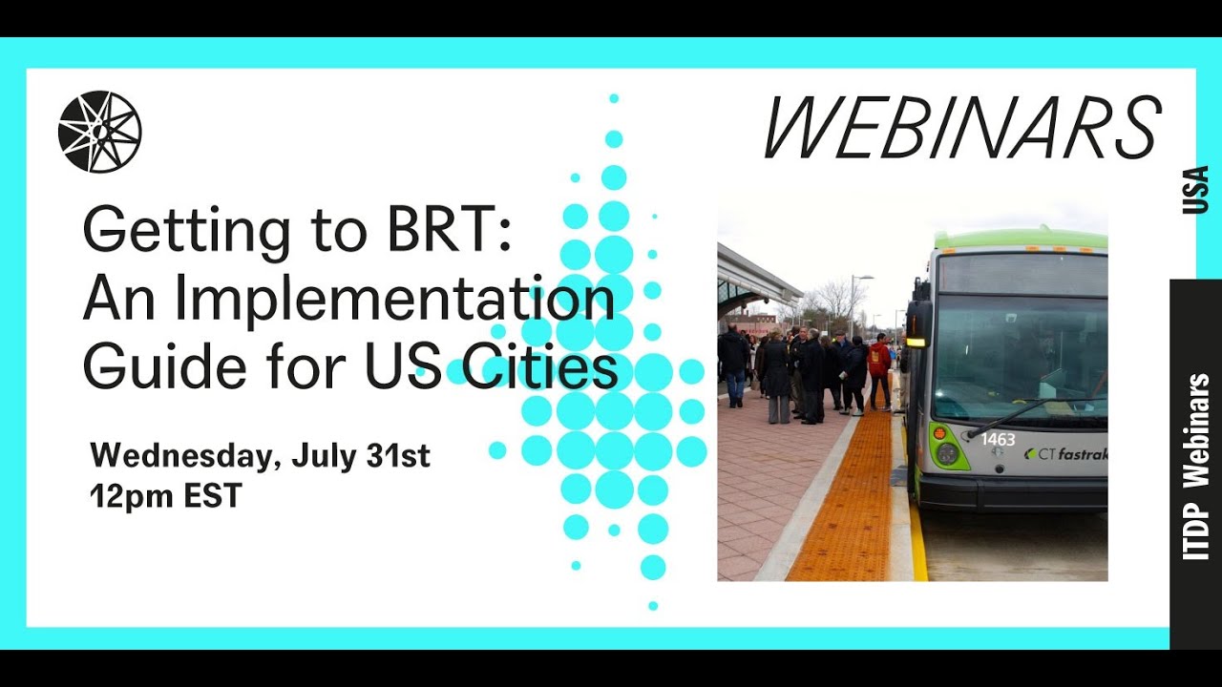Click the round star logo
point(99,132)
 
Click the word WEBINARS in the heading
point(961,129)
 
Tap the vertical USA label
point(1195,190)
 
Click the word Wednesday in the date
point(181,456)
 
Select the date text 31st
point(398,456)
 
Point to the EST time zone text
point(210,496)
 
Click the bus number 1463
point(998,440)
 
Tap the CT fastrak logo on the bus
point(1064,454)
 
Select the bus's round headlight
point(947,453)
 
